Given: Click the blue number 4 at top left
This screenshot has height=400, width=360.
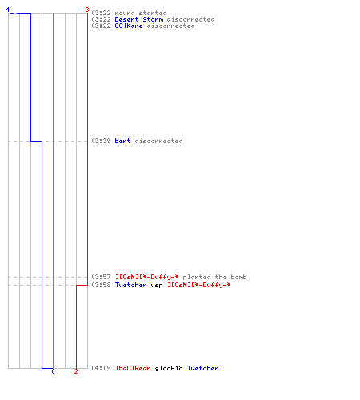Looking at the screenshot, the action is click(x=8, y=10).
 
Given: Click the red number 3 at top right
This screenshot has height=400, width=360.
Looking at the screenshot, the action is click(x=87, y=10).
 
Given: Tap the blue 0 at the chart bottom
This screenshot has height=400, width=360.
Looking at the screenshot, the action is click(x=53, y=371).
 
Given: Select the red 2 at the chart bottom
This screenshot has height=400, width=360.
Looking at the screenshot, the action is click(x=76, y=371).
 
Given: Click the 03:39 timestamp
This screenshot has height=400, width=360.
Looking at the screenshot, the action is click(x=101, y=141).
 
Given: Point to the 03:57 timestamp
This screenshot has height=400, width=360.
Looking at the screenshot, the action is click(x=101, y=277).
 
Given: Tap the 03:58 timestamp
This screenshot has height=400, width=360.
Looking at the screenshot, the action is click(x=101, y=285).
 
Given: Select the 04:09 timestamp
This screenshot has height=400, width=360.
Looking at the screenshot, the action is click(x=101, y=368).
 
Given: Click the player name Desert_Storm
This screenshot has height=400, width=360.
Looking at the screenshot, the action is click(x=139, y=19).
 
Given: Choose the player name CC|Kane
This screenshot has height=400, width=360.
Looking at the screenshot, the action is click(x=129, y=26).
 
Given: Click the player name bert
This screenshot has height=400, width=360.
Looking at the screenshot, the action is click(x=122, y=141).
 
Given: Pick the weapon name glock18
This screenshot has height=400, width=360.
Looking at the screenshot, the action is click(x=169, y=368).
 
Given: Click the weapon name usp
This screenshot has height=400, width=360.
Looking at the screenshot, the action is click(x=157, y=285).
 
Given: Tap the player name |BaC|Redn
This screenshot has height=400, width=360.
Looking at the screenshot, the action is click(x=134, y=368).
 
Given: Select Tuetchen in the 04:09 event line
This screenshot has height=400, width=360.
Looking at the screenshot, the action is click(x=203, y=368).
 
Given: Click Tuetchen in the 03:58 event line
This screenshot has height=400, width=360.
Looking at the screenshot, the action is click(x=131, y=285).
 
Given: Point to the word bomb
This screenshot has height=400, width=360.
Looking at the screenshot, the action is click(x=238, y=277).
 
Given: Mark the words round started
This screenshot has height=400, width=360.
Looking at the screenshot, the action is click(x=141, y=13).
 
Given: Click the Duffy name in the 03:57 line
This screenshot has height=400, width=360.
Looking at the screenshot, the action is click(x=147, y=277).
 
